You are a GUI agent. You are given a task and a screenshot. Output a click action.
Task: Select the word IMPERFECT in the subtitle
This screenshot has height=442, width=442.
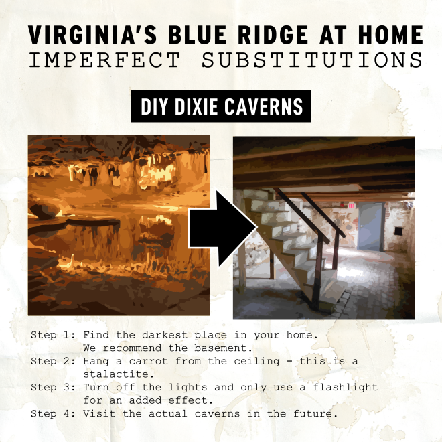click(104, 60)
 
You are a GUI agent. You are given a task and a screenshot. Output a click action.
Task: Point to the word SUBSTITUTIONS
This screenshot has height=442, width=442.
click(312, 60)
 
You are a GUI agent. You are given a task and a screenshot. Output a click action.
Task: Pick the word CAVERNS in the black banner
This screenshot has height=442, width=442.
click(264, 106)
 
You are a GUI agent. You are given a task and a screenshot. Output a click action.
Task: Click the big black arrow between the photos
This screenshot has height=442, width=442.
click(223, 228)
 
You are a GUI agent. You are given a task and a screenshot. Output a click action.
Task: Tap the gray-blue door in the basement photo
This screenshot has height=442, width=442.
click(371, 226)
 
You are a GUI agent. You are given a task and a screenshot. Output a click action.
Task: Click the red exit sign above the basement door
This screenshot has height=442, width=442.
click(351, 205)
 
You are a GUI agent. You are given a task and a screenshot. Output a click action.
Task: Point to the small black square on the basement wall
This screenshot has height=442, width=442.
click(398, 231)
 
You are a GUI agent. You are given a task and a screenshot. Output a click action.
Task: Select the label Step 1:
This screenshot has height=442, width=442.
click(54, 335)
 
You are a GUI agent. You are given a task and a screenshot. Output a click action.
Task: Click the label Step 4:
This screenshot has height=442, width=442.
click(54, 413)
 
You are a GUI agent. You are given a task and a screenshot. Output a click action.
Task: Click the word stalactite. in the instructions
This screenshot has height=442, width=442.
click(119, 374)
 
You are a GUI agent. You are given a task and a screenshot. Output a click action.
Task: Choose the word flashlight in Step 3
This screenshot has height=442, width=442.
click(346, 388)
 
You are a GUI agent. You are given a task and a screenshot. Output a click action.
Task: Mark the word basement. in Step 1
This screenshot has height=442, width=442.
click(223, 348)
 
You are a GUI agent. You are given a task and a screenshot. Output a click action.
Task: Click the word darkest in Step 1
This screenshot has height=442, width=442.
click(165, 335)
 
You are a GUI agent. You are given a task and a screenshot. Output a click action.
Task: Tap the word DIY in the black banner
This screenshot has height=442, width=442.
click(155, 106)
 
